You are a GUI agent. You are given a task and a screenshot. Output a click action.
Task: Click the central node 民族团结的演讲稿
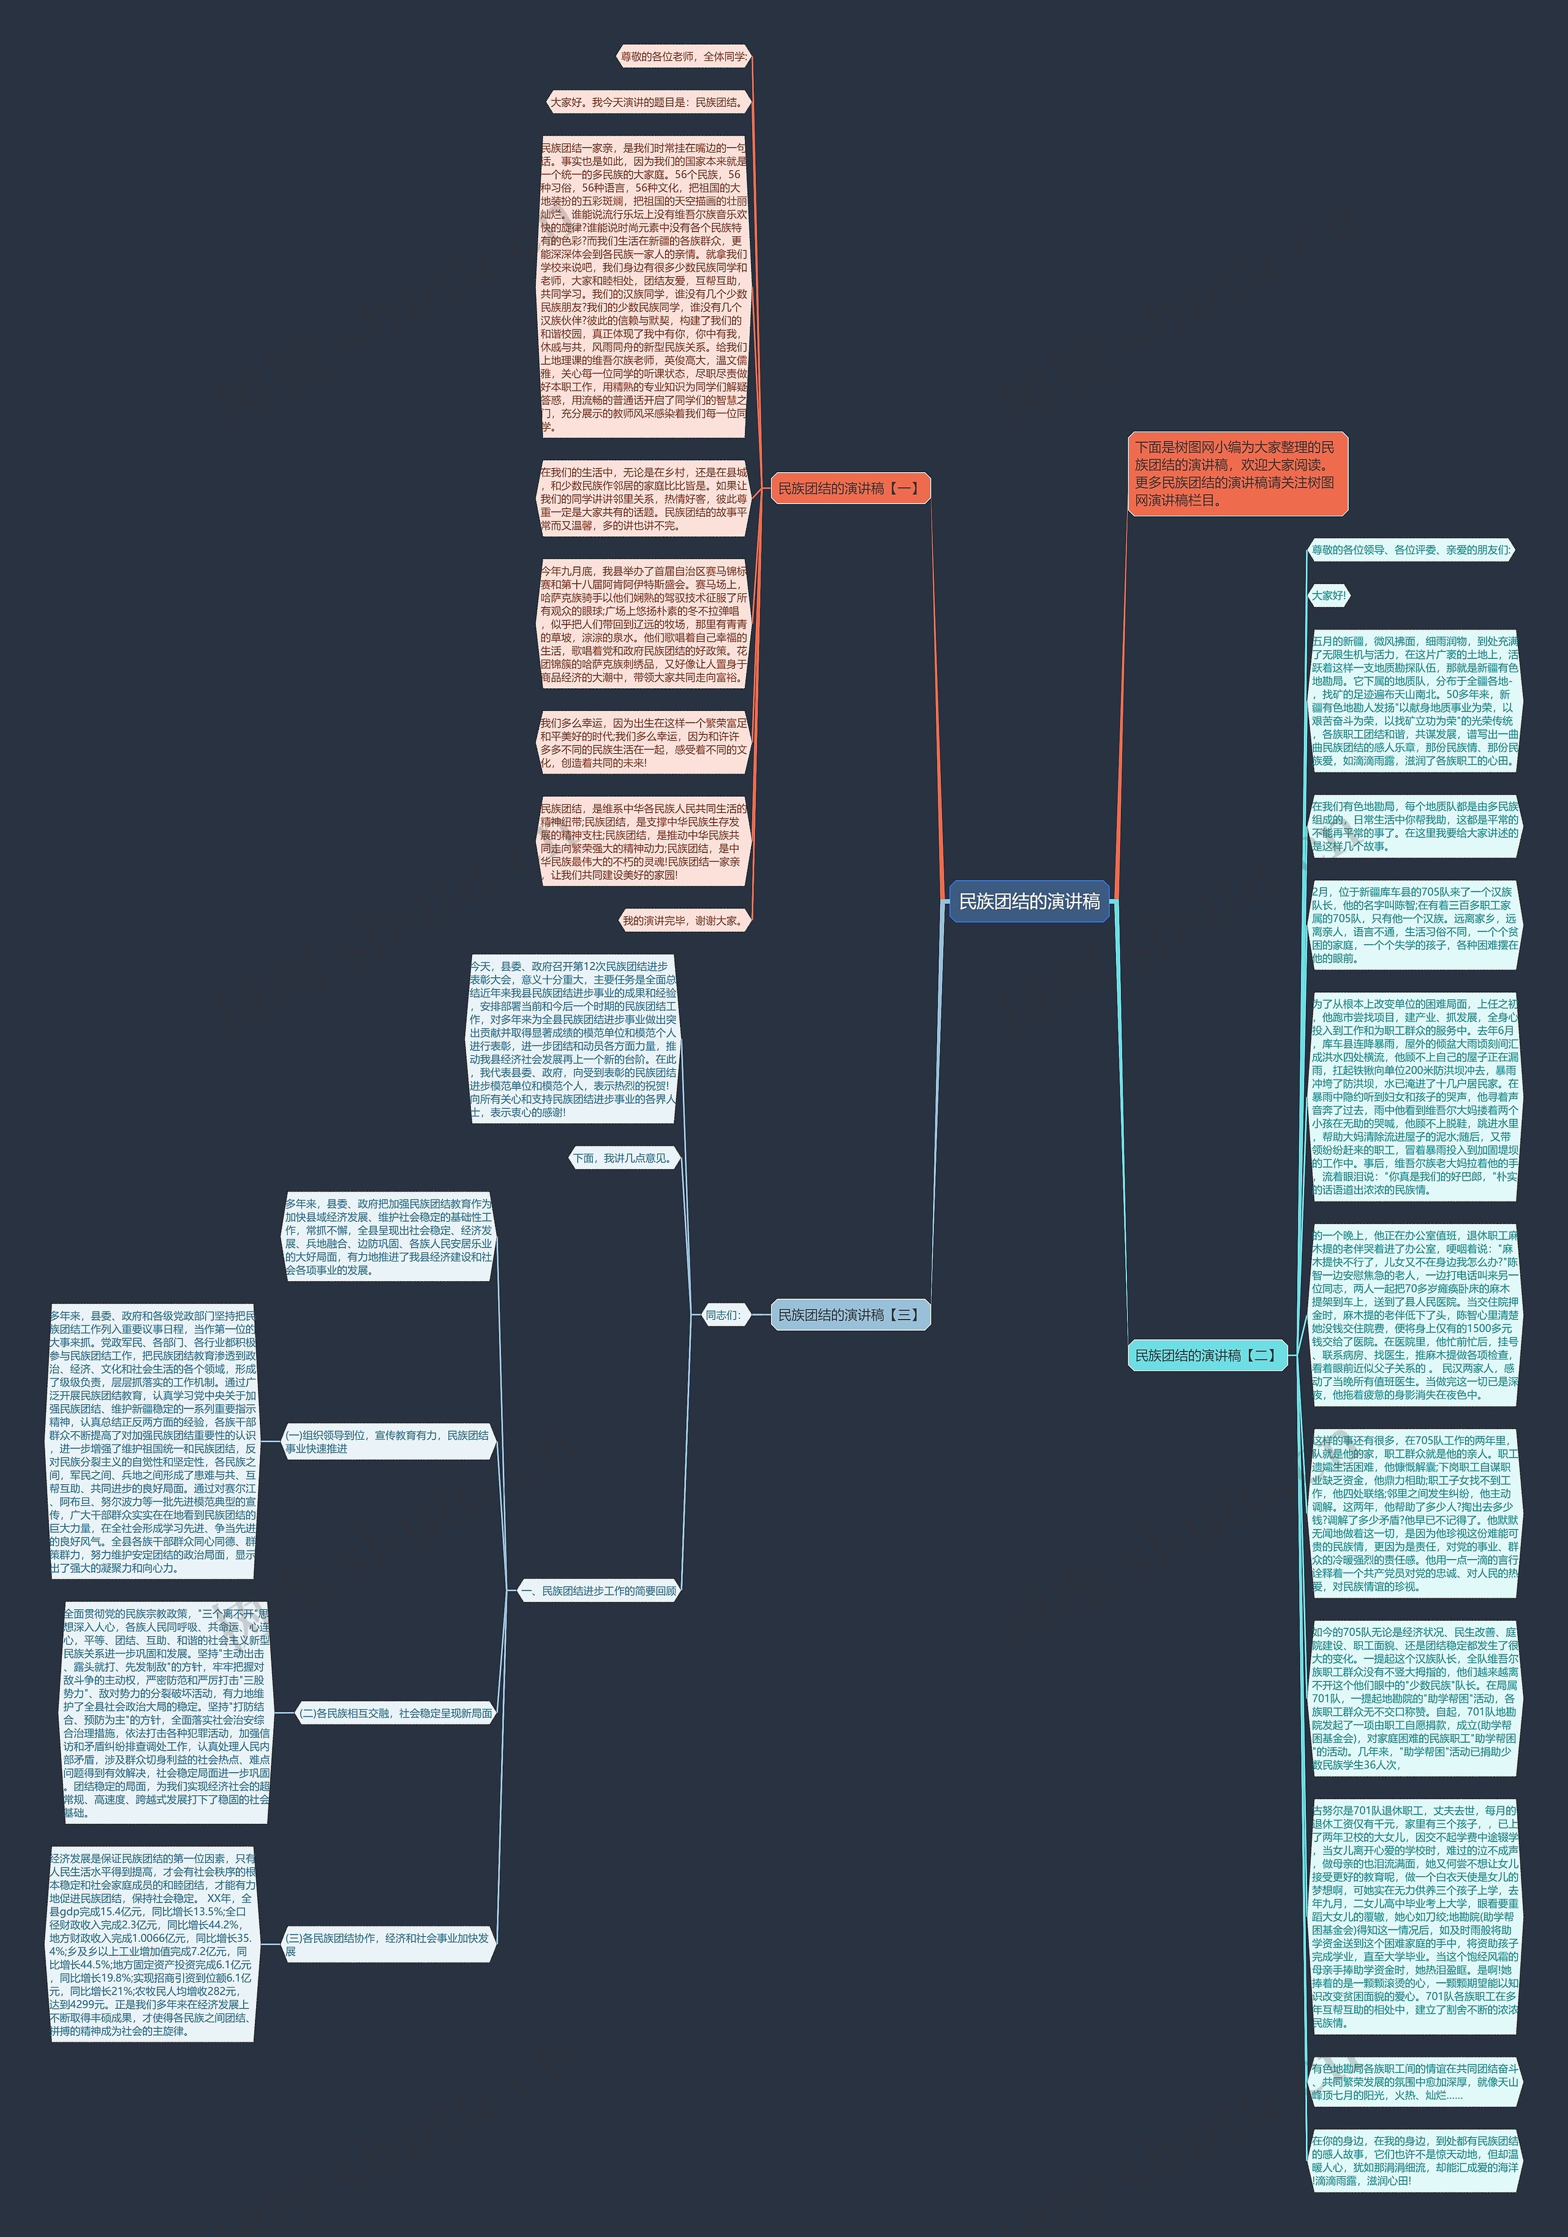[x=1029, y=901]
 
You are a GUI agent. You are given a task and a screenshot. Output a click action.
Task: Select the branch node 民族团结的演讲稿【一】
[x=849, y=488]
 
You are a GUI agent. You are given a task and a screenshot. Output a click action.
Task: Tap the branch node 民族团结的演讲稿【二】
[x=1207, y=1355]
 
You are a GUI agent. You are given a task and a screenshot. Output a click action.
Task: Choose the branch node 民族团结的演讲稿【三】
[x=849, y=1314]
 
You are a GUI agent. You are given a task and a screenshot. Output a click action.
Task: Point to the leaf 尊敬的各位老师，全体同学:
[x=684, y=56]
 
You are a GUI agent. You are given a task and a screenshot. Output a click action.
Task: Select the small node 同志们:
[x=723, y=1314]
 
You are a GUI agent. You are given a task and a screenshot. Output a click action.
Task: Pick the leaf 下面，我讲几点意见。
[x=624, y=1159]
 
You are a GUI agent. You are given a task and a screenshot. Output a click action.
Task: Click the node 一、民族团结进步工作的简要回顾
[x=598, y=1591]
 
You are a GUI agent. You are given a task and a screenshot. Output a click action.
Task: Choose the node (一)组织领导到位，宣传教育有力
[x=388, y=1442]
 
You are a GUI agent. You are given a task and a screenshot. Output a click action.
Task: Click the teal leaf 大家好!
[x=1329, y=595]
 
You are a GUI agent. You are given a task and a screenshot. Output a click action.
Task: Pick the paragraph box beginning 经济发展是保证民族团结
[x=152, y=1944]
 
